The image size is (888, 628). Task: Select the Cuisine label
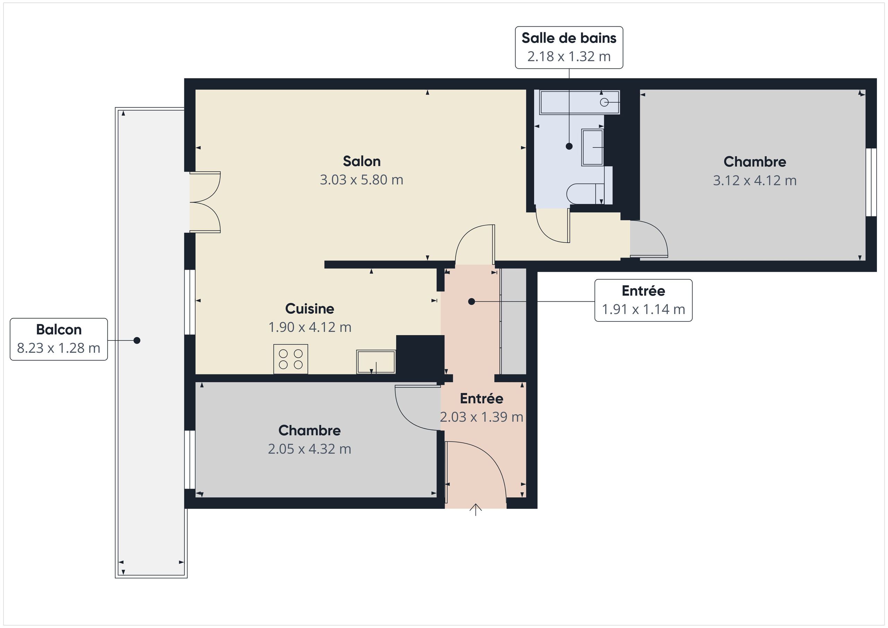coord(309,309)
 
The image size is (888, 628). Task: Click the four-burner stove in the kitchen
coord(290,359)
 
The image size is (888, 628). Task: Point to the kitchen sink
coord(376,362)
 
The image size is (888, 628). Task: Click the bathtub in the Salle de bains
coord(579,102)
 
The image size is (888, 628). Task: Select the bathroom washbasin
coord(592,147)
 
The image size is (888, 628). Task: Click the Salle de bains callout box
coord(569,48)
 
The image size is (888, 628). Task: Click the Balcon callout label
coord(59,330)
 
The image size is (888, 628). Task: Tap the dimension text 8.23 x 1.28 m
coord(59,348)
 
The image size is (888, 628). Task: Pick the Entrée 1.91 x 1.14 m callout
coord(643,300)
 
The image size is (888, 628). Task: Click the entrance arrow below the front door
coord(475,510)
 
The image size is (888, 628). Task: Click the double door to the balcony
coord(205,202)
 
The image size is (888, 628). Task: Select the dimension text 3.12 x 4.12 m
coord(754,181)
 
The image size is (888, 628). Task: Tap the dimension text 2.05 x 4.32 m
coord(309,449)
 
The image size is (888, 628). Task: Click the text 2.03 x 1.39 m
coord(481,417)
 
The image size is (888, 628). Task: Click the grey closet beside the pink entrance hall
coord(513,321)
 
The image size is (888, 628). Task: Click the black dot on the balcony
coord(137,340)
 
